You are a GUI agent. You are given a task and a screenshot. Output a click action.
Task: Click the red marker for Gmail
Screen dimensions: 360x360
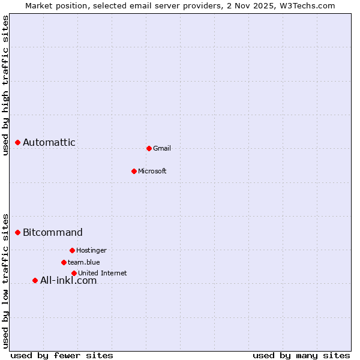click(x=149, y=148)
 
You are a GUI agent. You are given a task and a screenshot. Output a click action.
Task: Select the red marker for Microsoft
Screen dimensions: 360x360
click(x=134, y=171)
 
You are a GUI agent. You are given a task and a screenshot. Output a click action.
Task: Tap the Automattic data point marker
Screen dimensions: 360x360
click(x=18, y=142)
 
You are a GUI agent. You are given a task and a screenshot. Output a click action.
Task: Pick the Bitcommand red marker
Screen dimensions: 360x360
click(x=18, y=232)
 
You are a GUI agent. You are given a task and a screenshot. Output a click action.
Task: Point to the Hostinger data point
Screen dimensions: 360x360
click(x=72, y=250)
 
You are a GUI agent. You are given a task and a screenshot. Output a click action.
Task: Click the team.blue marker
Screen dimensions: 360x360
click(x=64, y=262)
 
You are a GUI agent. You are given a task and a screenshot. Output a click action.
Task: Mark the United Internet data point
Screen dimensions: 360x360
click(x=74, y=273)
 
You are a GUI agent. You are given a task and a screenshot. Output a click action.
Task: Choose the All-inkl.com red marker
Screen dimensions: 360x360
click(x=35, y=280)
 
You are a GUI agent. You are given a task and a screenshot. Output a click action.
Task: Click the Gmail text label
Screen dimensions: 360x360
click(x=162, y=148)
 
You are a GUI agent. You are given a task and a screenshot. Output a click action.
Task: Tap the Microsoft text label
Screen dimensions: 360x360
click(x=152, y=171)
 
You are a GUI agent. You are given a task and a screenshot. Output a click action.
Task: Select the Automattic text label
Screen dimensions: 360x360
click(x=49, y=142)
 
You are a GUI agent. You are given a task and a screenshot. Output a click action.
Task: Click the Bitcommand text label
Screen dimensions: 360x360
click(x=53, y=232)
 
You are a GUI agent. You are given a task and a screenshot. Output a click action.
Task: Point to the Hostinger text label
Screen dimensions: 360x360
click(x=91, y=250)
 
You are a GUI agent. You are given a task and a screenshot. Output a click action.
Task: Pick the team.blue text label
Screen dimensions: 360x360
click(x=84, y=262)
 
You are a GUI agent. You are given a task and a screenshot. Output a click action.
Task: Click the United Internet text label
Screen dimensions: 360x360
click(x=103, y=273)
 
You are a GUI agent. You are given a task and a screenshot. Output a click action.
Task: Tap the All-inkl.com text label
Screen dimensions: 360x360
click(x=68, y=280)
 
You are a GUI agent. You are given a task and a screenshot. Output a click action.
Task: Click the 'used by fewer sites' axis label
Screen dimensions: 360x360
click(x=62, y=355)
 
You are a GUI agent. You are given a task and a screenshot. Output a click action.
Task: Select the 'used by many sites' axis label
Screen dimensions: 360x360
click(x=301, y=355)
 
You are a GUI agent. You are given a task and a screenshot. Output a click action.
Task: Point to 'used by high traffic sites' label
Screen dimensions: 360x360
click(x=5, y=85)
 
